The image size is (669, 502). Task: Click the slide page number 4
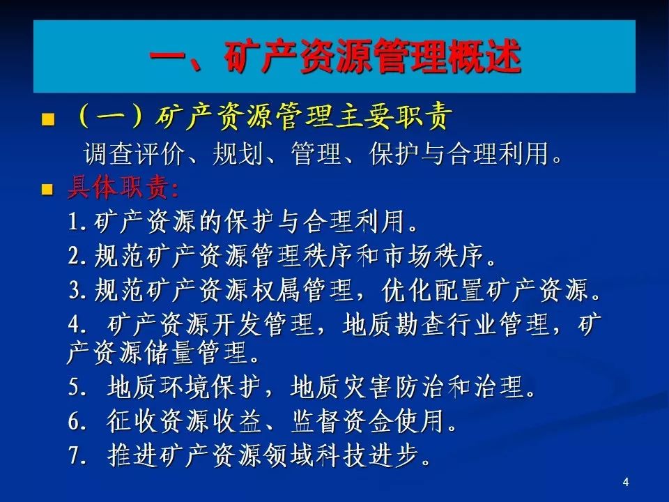coord(626,482)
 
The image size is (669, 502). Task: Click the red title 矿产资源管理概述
coord(371,57)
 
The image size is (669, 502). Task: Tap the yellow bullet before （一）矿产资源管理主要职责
coord(48,119)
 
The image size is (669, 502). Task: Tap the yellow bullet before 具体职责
coord(47,189)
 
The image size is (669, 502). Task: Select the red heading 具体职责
coord(123,188)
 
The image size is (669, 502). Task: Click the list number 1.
coord(75,222)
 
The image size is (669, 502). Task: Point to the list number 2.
coord(75,256)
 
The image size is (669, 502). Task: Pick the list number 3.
coord(75,290)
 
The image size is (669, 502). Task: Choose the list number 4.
coord(75,325)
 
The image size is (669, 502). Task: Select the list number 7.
coord(75,455)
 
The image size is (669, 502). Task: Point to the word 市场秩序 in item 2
coord(433,256)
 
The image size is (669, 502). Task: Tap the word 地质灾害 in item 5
coord(341,387)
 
